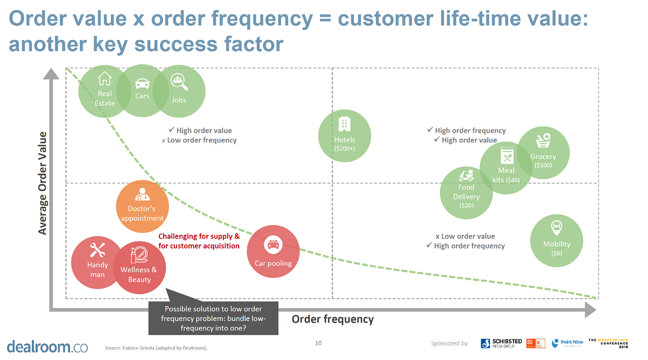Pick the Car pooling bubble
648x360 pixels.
[273, 252]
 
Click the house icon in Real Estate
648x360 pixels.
[104, 79]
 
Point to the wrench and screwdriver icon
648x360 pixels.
[97, 250]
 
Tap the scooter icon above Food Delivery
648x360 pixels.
[466, 175]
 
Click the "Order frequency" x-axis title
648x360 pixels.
[333, 319]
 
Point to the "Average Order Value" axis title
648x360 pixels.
[42, 183]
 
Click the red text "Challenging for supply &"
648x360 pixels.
[199, 236]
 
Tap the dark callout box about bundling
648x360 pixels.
[213, 318]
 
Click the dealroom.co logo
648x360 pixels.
[47, 346]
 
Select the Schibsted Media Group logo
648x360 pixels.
[502, 343]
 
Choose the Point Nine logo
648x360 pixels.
[568, 343]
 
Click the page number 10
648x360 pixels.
[318, 342]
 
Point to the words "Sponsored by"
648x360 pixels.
[449, 343]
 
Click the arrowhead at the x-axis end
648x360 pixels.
[590, 310]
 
